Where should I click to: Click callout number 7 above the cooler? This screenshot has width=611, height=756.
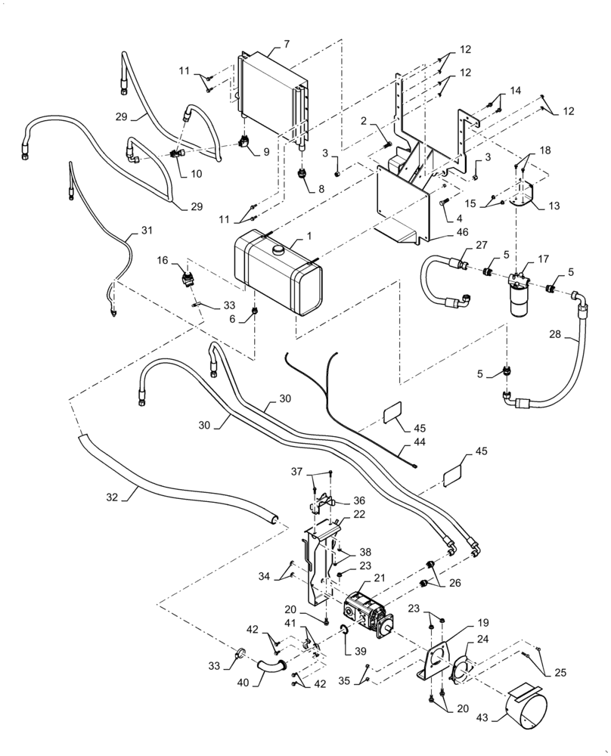[286, 45]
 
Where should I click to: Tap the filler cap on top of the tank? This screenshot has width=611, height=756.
[277, 247]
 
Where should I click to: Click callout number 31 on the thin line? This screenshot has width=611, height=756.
[147, 230]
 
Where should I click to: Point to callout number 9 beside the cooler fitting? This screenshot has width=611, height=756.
[266, 151]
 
